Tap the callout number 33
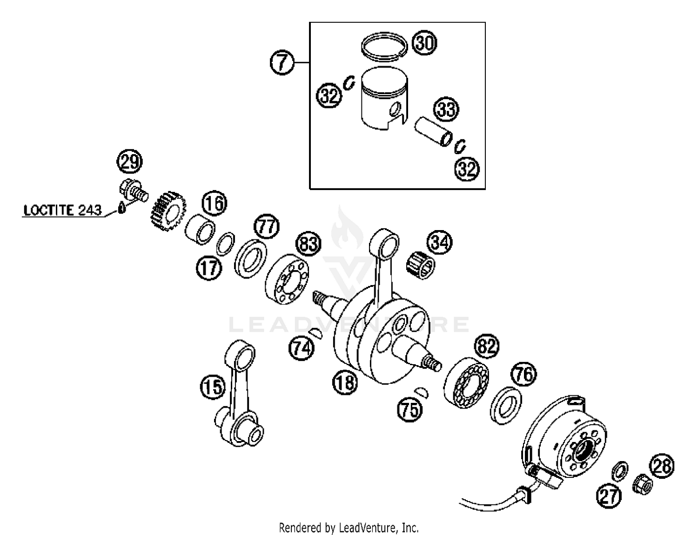pos(446,109)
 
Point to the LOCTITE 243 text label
pos(62,210)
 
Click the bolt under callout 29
pos(133,191)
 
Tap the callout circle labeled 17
pos(209,268)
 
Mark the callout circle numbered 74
pos(301,348)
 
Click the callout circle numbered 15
pos(213,387)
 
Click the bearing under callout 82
pos(466,381)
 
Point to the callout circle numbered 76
pos(524,374)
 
